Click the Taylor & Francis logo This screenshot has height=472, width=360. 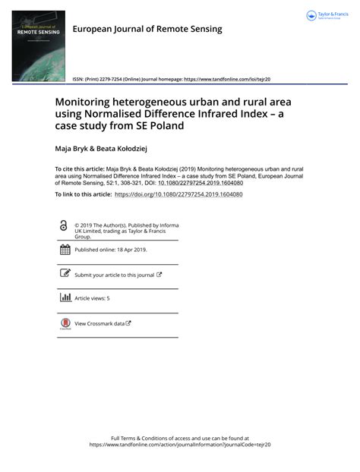pyautogui.click(x=326, y=16)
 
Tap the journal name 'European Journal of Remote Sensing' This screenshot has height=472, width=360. pyautogui.click(x=147, y=29)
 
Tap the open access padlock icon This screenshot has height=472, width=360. pyautogui.click(x=63, y=226)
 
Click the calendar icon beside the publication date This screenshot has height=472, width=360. pyautogui.click(x=65, y=250)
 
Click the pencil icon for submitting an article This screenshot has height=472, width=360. pyautogui.click(x=65, y=274)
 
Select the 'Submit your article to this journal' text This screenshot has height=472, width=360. pyautogui.click(x=114, y=275)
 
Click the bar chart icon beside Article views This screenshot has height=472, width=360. pyautogui.click(x=65, y=298)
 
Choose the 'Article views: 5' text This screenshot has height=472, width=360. pyautogui.click(x=92, y=299)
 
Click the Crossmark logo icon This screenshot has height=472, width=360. pyautogui.click(x=65, y=324)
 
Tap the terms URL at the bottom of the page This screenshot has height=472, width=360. pyautogui.click(x=180, y=445)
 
